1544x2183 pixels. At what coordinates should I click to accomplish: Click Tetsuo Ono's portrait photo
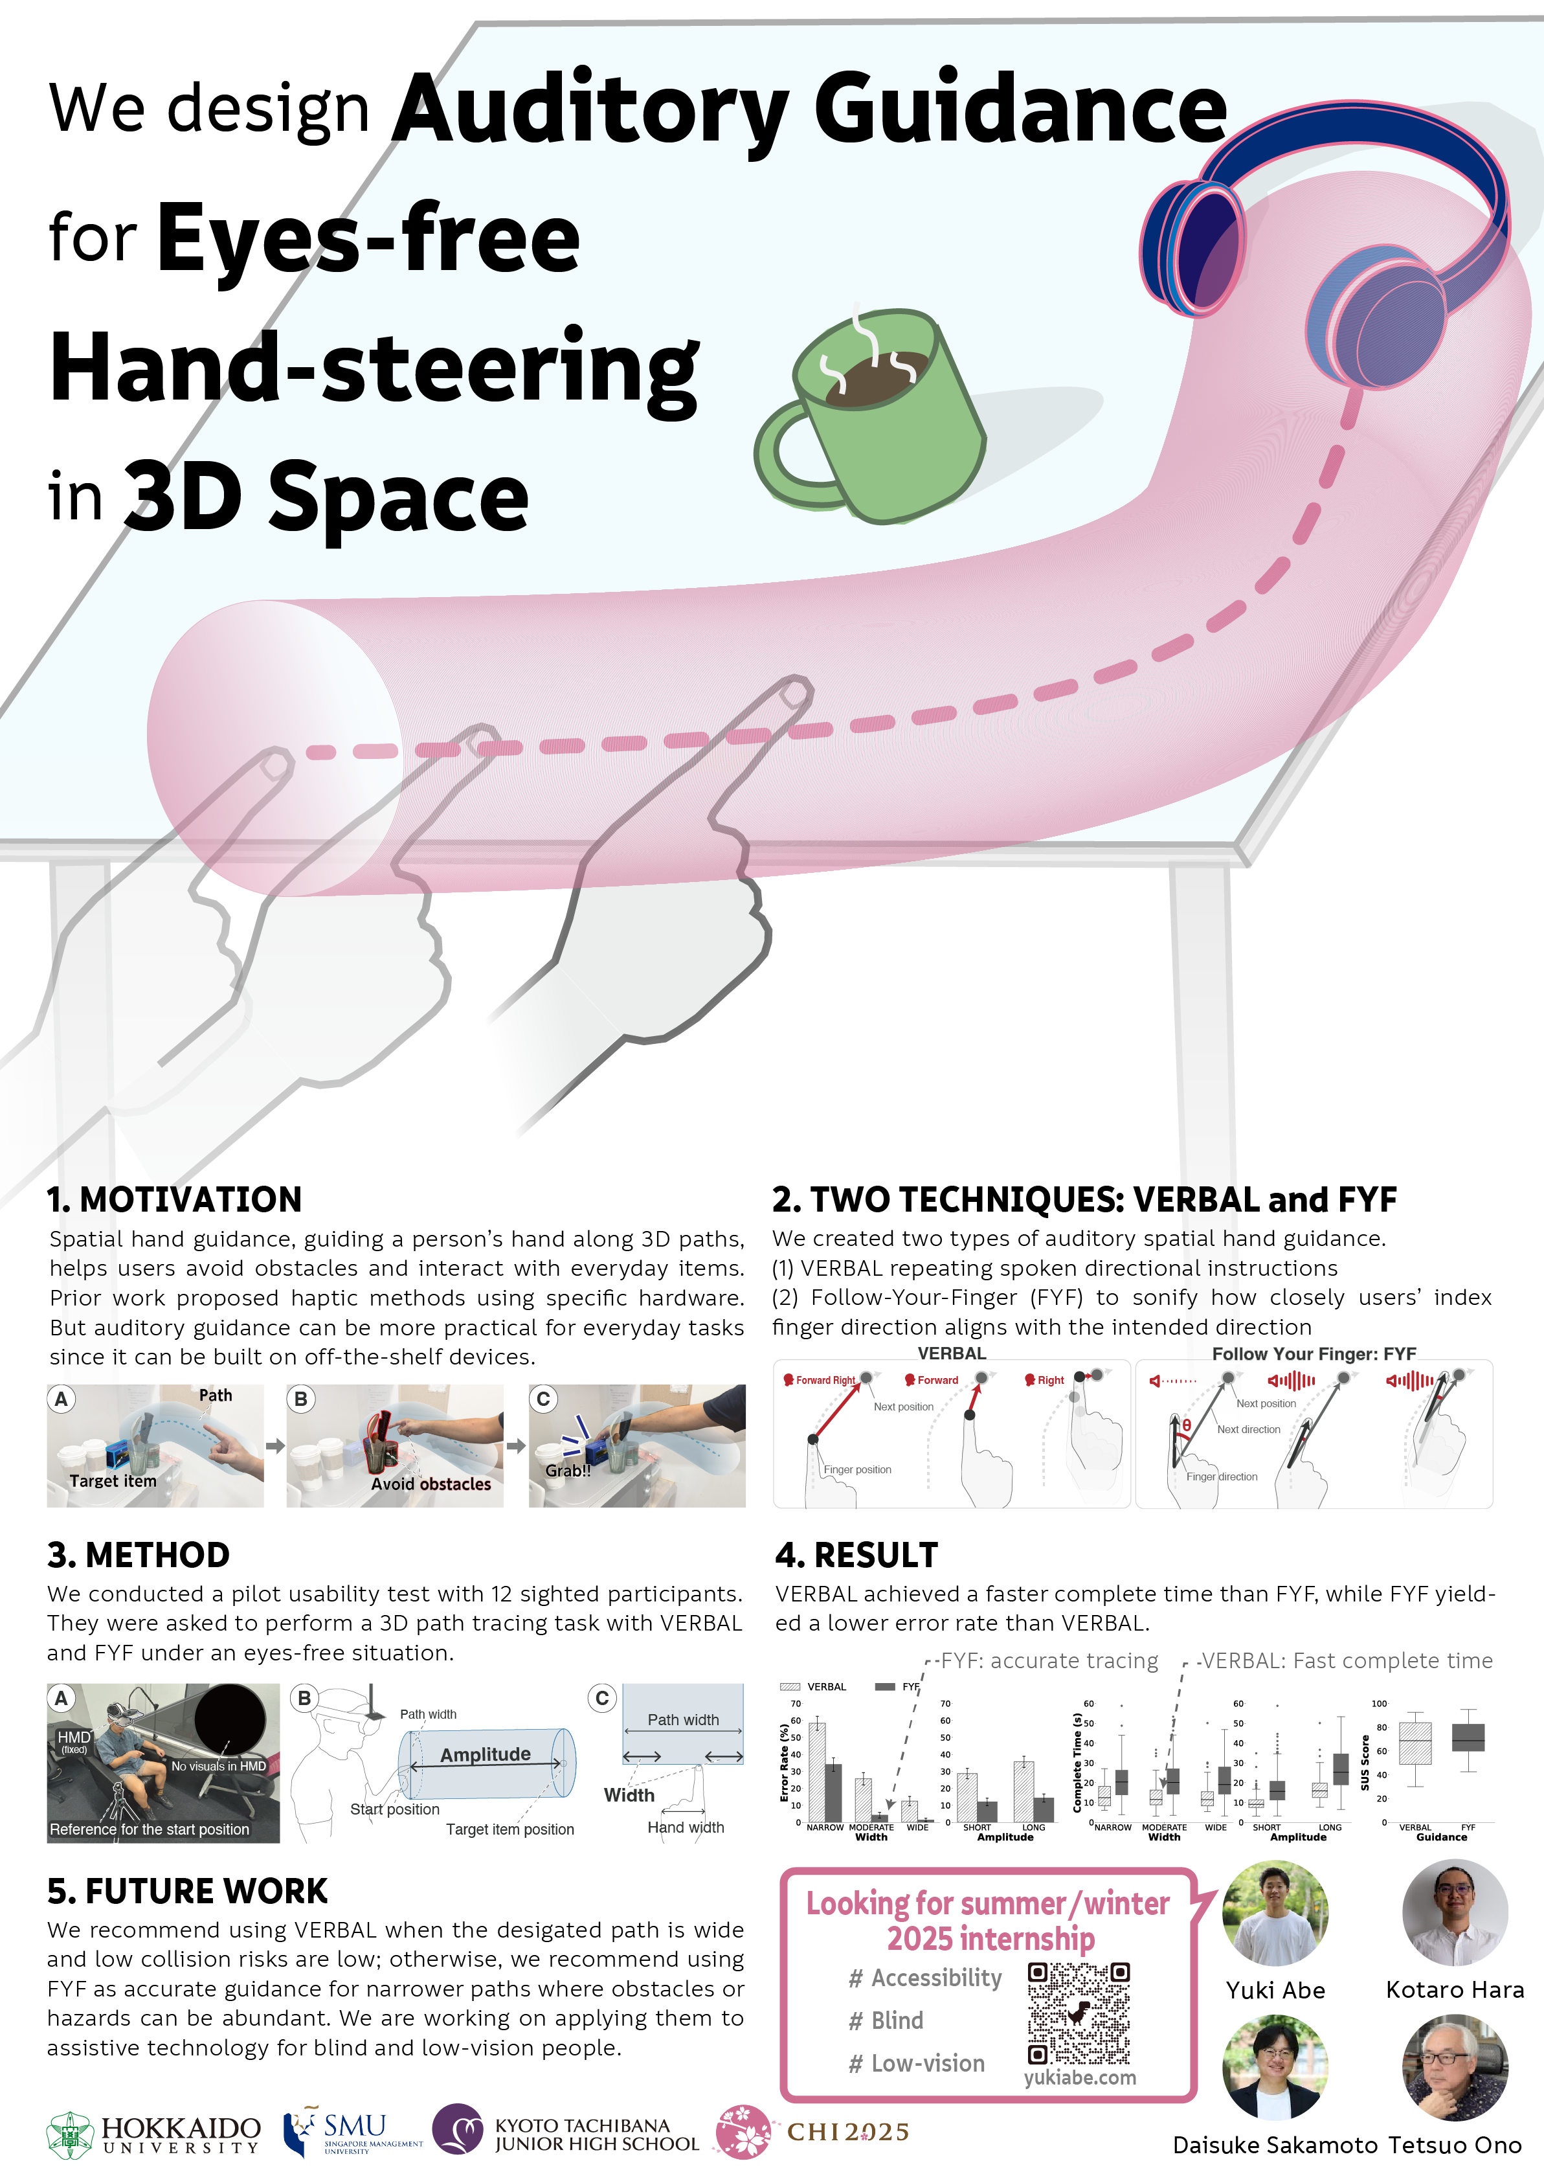point(1455,2067)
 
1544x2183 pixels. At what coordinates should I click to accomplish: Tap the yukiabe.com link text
point(1079,2078)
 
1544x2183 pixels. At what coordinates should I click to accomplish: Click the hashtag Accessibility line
point(925,1978)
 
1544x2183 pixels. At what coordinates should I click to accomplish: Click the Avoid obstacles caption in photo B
point(431,1484)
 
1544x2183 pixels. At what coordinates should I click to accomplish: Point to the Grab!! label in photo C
point(568,1471)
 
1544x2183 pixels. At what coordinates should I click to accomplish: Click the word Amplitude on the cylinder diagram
point(485,1754)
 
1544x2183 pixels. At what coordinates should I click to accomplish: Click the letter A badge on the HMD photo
point(62,1698)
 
